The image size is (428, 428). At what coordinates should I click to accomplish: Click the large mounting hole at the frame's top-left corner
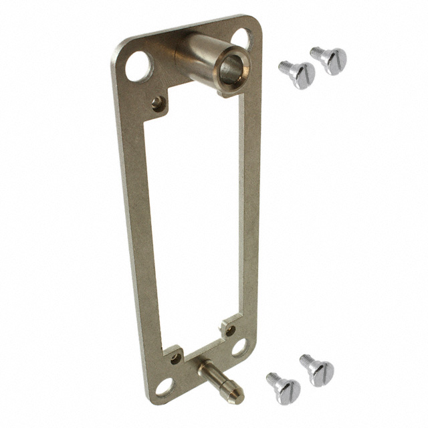[139, 66]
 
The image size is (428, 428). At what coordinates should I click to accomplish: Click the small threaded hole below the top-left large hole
[157, 102]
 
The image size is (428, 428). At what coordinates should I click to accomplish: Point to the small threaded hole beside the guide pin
[176, 358]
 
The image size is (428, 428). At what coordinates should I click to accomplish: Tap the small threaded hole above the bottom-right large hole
[231, 330]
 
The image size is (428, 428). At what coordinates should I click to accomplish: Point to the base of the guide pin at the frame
[203, 366]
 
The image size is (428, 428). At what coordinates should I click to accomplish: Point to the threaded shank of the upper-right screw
[316, 51]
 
